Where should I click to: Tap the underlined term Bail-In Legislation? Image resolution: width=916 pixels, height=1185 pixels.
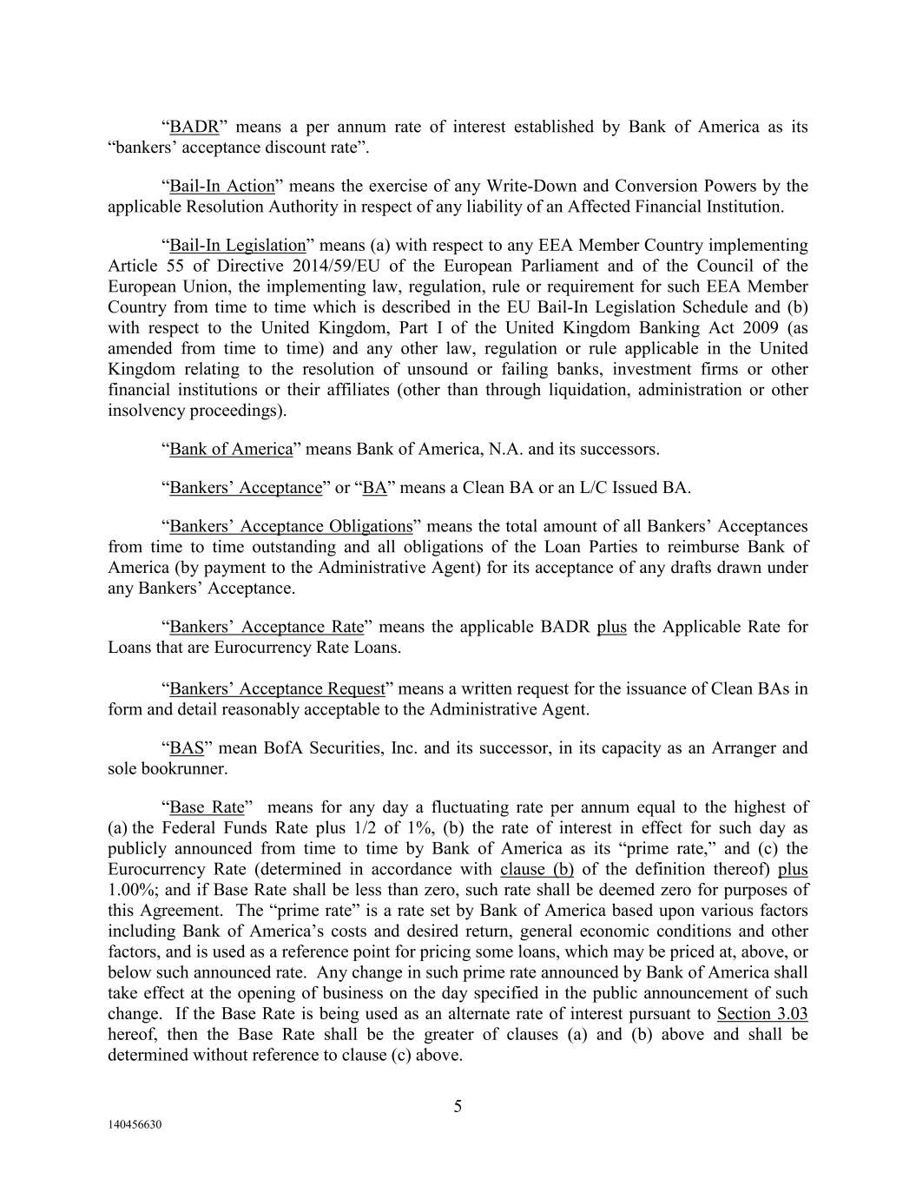pyautogui.click(x=237, y=246)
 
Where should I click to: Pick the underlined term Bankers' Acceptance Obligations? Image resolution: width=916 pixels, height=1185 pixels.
pyautogui.click(x=290, y=526)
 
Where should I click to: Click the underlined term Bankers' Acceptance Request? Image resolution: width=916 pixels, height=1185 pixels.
pyautogui.click(x=276, y=689)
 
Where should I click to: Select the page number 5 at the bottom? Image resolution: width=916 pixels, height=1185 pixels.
pyautogui.click(x=458, y=1106)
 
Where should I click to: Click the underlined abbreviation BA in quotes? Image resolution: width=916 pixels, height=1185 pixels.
pyautogui.click(x=374, y=488)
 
